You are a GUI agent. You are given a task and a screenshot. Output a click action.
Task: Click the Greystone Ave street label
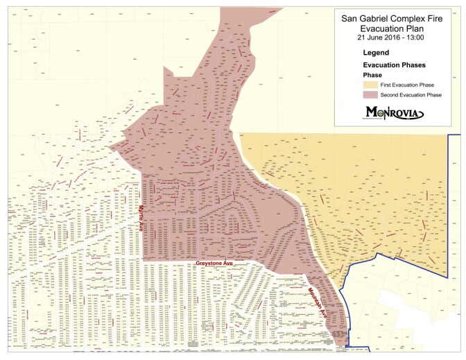tap(215, 264)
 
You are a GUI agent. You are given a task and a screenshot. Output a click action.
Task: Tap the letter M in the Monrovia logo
tap(372, 112)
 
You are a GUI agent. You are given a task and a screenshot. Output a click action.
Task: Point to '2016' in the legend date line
tap(396, 37)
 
